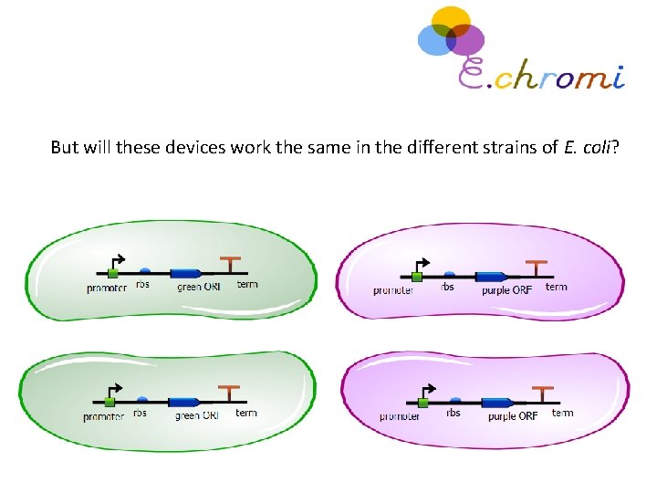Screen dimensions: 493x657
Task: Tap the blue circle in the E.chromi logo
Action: click(x=433, y=38)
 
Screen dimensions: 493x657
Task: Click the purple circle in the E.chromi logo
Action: click(x=466, y=39)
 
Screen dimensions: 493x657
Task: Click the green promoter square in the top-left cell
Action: click(x=112, y=272)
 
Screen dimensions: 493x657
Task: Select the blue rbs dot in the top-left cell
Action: click(x=145, y=270)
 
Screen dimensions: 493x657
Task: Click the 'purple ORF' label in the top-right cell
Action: click(x=507, y=290)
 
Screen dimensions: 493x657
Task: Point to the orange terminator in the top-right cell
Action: click(x=540, y=267)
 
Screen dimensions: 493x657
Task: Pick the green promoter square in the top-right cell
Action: click(x=417, y=276)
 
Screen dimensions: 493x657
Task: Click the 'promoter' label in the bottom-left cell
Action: click(x=104, y=417)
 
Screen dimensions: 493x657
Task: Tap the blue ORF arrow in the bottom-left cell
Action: click(x=187, y=401)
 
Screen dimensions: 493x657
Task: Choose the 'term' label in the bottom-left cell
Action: click(x=246, y=413)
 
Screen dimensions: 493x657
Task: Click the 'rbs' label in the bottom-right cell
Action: click(x=454, y=413)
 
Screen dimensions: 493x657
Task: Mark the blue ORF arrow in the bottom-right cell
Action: click(x=497, y=402)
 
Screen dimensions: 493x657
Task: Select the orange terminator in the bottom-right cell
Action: click(x=546, y=393)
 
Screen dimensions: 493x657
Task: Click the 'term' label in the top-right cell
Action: click(x=556, y=287)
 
